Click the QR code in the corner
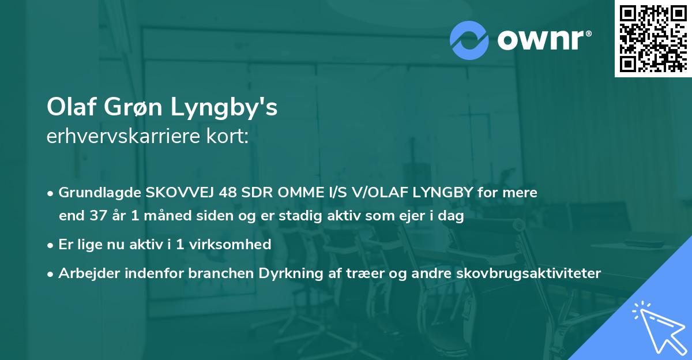pyautogui.click(x=653, y=38)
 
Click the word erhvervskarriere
pyautogui.click(x=118, y=137)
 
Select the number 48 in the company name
pyautogui.click(x=228, y=193)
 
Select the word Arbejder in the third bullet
pyautogui.click(x=85, y=273)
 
